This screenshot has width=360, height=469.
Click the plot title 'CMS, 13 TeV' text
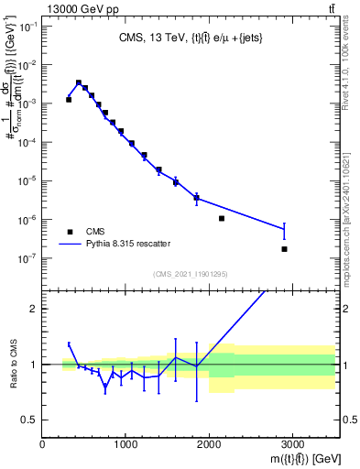153,38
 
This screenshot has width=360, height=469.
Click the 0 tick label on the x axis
43,444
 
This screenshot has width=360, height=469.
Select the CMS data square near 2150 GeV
222,218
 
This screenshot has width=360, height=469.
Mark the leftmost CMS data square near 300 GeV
69,99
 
